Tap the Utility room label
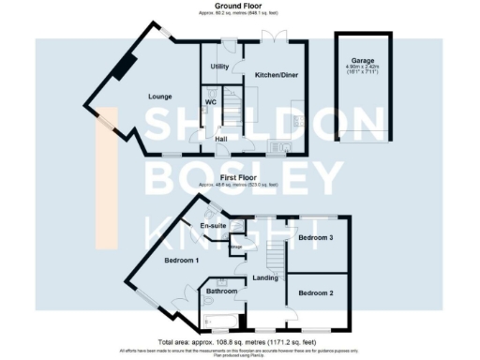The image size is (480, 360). tap(220, 67)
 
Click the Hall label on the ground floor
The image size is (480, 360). tap(221, 139)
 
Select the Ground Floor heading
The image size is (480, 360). tap(239, 6)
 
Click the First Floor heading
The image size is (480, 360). tap(239, 175)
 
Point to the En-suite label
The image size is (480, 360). tap(214, 226)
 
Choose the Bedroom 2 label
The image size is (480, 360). tap(315, 293)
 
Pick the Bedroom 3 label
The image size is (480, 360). tap(316, 238)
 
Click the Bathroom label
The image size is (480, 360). tap(222, 292)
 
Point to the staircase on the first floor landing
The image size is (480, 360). tap(273, 251)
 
